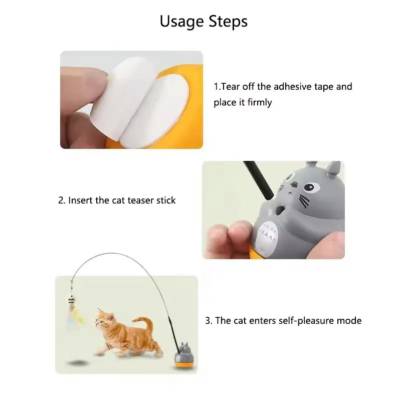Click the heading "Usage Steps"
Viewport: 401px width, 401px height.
(x=204, y=22)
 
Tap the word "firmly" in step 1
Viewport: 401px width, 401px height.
(x=260, y=103)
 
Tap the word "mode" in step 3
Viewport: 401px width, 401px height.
(x=349, y=321)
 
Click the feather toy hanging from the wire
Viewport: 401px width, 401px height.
(x=75, y=313)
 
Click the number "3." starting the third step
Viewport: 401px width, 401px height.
(x=209, y=321)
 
